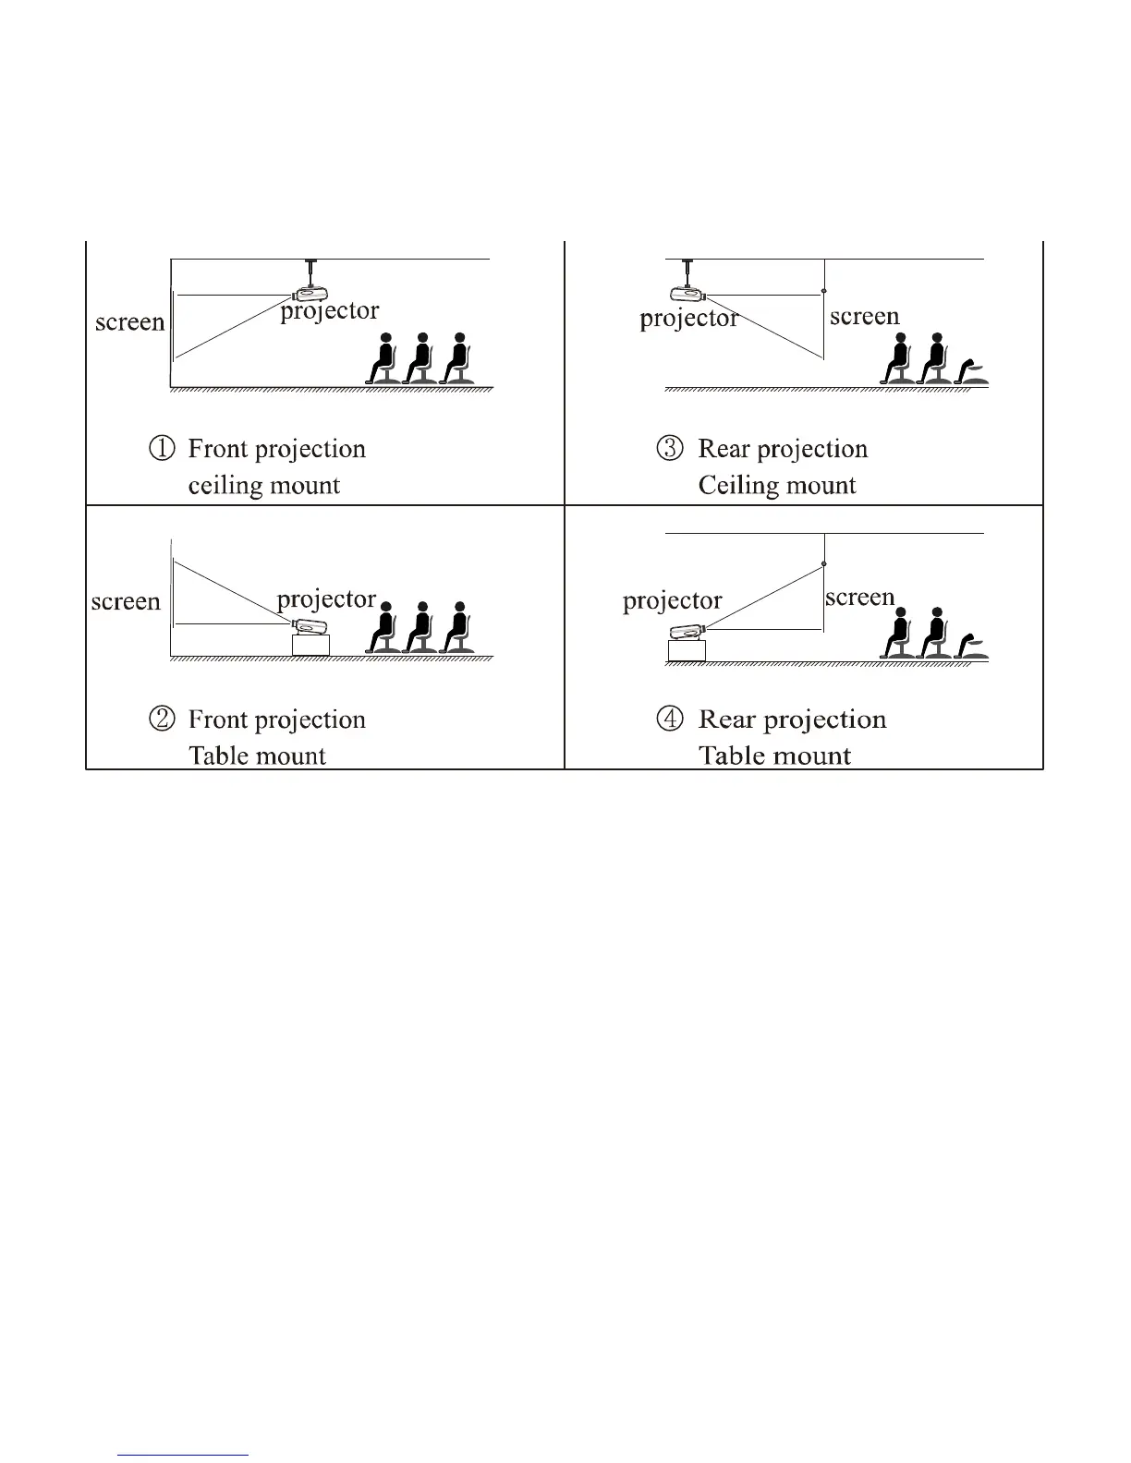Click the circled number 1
pos(161,449)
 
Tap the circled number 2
pos(161,719)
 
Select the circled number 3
pos(670,449)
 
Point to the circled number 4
pos(670,719)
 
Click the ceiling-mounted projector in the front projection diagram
pos(309,295)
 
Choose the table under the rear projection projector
pos(687,651)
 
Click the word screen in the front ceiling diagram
pos(130,322)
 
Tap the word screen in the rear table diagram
pos(859,598)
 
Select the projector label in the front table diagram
pos(326,599)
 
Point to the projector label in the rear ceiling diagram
pos(688,319)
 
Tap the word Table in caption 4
pos(725,756)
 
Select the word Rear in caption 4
pos(726,719)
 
